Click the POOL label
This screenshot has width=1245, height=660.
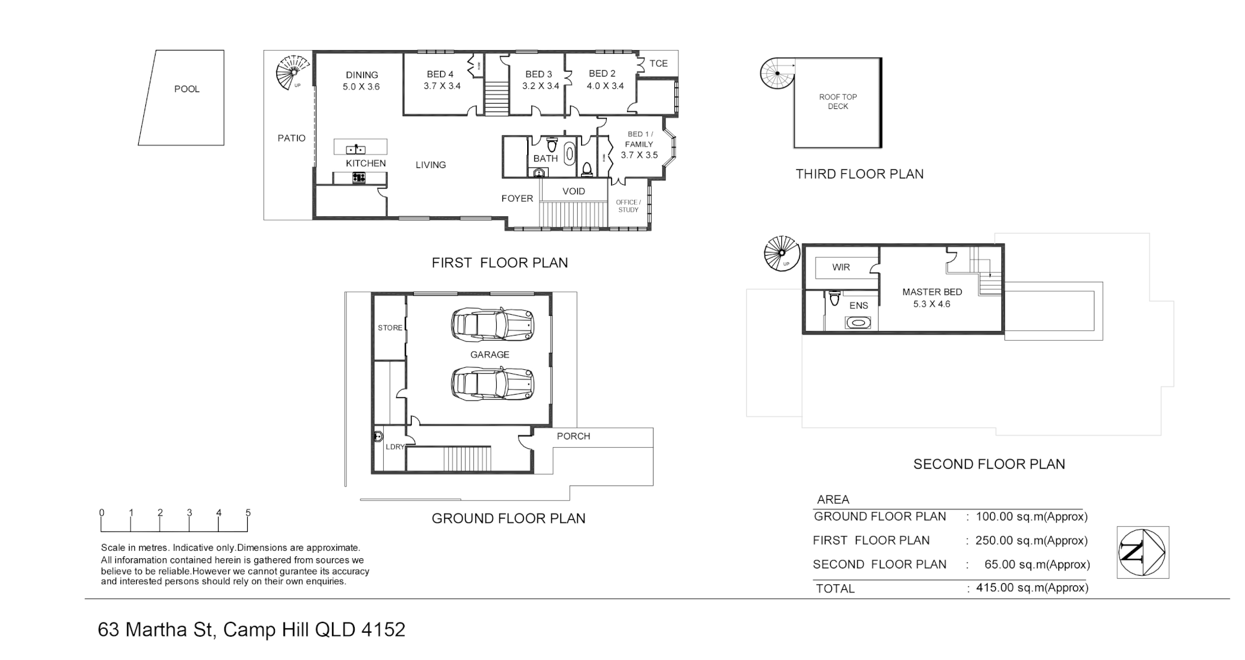click(x=187, y=90)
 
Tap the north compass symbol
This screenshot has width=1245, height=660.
click(x=1143, y=552)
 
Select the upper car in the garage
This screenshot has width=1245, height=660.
click(x=493, y=323)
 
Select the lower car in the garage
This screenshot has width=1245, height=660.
click(x=493, y=384)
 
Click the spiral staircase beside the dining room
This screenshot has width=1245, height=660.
click(x=292, y=71)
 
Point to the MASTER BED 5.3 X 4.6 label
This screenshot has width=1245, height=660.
click(x=932, y=298)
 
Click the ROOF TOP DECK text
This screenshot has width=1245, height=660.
click(x=838, y=102)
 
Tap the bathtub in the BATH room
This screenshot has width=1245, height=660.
click(x=569, y=154)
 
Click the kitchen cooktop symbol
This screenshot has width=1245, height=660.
click(x=359, y=177)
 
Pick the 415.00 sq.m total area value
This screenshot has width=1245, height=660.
click(x=1031, y=588)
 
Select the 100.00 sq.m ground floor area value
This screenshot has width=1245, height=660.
click(x=1031, y=517)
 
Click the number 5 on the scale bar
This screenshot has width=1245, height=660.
click(x=248, y=513)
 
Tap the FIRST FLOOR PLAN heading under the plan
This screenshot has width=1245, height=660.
click(x=499, y=263)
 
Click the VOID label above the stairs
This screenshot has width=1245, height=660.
click(x=573, y=191)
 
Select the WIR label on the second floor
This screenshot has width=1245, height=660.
click(x=841, y=267)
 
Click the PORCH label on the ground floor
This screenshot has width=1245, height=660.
click(x=573, y=436)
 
